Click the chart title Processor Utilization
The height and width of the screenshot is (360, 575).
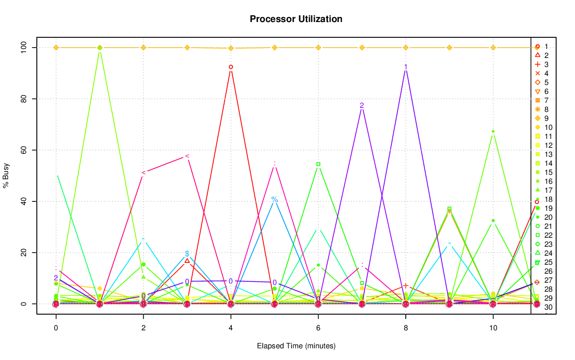pos(296,19)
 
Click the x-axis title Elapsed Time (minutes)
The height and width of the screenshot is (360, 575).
pos(296,346)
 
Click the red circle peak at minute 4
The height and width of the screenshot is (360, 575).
pos(231,67)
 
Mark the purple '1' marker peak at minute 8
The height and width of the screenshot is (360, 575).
pos(406,67)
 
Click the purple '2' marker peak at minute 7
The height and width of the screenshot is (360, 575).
pos(362,106)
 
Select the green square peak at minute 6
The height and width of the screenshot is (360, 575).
pos(318,164)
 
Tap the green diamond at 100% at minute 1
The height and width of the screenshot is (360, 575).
pos(100,48)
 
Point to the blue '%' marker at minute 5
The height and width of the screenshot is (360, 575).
pos(274,200)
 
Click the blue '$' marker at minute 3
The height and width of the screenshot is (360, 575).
pos(187,254)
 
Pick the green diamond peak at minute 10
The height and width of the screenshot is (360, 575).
pos(493,132)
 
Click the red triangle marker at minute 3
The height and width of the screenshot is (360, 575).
pos(187,261)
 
